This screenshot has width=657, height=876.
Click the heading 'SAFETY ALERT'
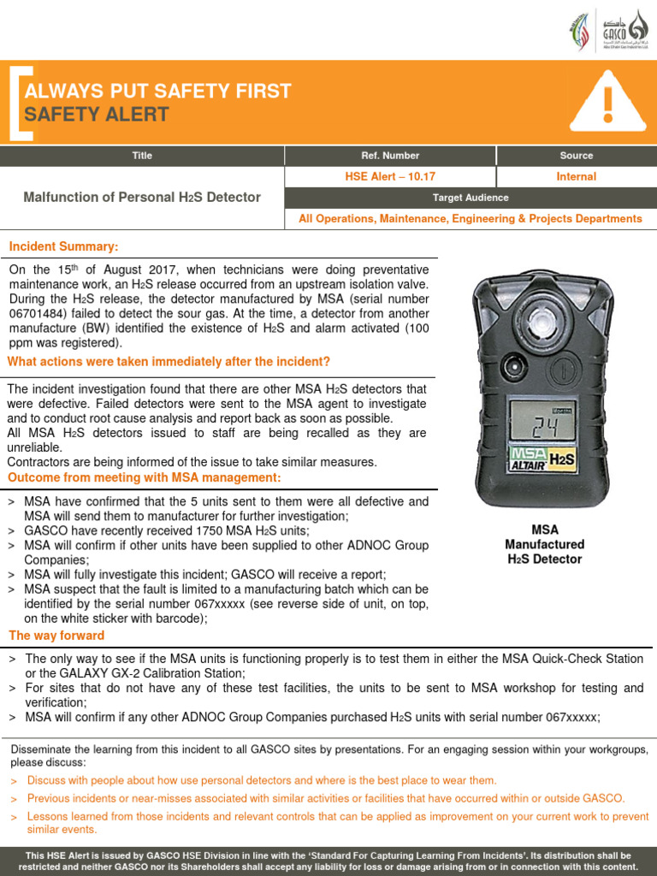tap(97, 115)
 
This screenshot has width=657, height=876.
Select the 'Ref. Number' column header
tap(390, 156)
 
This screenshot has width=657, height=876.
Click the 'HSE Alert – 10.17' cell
tap(390, 177)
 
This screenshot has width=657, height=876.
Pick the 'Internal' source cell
tap(576, 177)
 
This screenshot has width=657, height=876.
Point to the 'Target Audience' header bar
tap(470, 198)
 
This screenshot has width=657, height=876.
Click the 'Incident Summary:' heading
tap(63, 246)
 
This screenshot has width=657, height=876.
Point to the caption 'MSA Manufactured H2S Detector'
tap(544, 544)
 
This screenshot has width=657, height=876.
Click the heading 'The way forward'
tap(56, 636)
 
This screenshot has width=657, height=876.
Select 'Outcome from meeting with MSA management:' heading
tap(144, 476)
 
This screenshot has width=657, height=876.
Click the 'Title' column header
tap(142, 156)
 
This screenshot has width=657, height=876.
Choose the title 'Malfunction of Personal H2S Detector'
tap(142, 198)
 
